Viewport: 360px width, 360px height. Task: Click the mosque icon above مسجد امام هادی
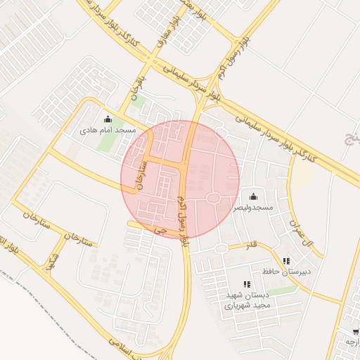pyautogui.click(x=108, y=119)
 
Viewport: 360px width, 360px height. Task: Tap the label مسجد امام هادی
pyautogui.click(x=108, y=131)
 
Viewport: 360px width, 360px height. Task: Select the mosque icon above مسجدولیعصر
pyautogui.click(x=253, y=195)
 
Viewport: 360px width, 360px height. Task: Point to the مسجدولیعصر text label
pyautogui.click(x=253, y=208)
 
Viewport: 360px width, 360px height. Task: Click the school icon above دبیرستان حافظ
pyautogui.click(x=286, y=260)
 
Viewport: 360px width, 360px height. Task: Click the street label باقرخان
pyautogui.click(x=135, y=86)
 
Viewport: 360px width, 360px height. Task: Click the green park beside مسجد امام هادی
pyautogui.click(x=107, y=143)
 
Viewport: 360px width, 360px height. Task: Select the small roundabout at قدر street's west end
pyautogui.click(x=221, y=248)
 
